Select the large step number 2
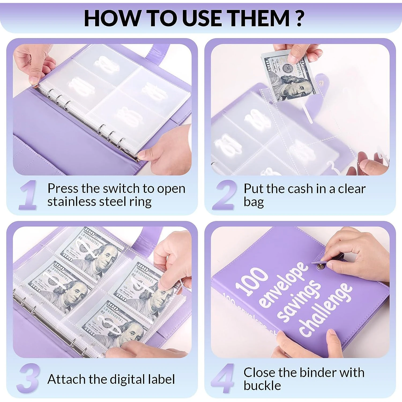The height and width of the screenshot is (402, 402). click(225, 195)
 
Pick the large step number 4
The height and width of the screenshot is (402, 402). click(223, 378)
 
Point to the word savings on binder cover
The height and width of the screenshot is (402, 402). click(299, 301)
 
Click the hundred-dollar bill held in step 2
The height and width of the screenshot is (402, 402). click(288, 76)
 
